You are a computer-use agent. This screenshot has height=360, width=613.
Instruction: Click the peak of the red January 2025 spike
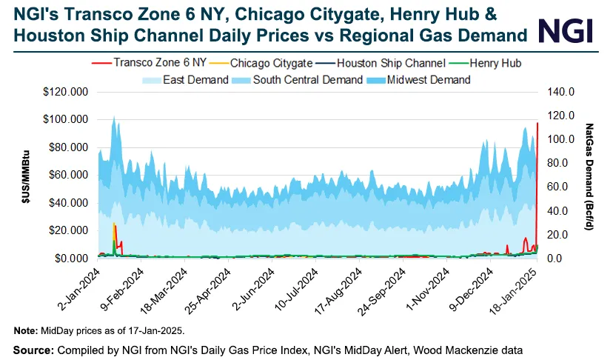[537, 123]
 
